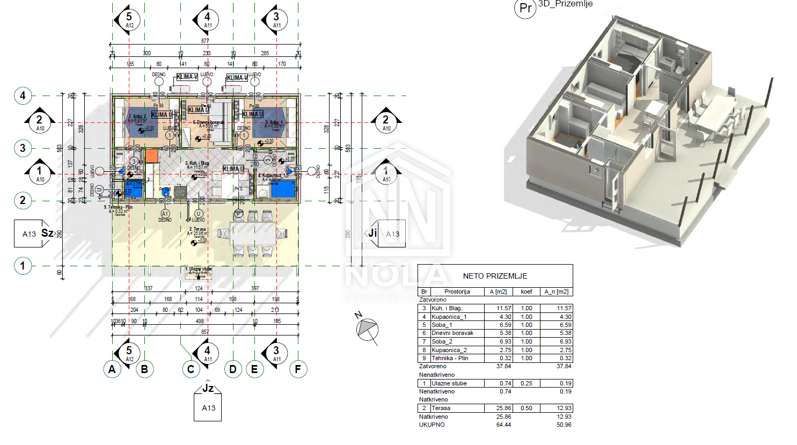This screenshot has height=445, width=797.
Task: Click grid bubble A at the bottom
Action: click(x=112, y=369)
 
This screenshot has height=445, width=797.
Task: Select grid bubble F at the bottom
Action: click(x=298, y=369)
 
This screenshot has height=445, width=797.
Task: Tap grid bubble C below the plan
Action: click(x=191, y=369)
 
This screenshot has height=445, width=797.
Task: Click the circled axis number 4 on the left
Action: click(x=23, y=96)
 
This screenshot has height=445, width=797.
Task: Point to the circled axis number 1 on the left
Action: click(x=23, y=266)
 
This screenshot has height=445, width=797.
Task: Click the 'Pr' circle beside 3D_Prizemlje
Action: click(x=525, y=8)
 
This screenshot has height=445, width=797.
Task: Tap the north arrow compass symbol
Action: click(x=368, y=328)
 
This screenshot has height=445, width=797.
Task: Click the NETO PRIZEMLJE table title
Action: click(x=495, y=276)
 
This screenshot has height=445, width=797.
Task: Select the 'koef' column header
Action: click(x=527, y=291)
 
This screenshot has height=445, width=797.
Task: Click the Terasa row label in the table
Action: click(x=441, y=408)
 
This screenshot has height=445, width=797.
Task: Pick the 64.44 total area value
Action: click(x=503, y=425)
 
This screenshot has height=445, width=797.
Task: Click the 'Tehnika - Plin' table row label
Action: click(x=450, y=358)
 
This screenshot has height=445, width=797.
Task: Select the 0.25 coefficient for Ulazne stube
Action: click(x=527, y=383)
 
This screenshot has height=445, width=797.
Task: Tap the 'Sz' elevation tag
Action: click(x=47, y=233)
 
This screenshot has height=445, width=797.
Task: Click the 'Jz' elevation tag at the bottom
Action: click(x=208, y=388)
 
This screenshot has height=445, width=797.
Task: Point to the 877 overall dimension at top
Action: click(x=205, y=41)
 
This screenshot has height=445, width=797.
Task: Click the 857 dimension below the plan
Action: click(x=205, y=332)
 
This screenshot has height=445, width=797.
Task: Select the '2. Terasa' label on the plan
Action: click(x=198, y=229)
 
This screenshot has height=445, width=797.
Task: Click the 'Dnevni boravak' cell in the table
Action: click(x=452, y=333)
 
